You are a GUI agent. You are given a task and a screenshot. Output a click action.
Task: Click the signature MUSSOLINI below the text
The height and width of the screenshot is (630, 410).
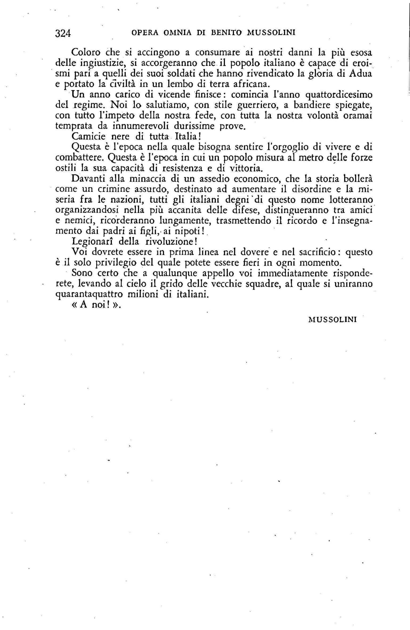point(332,320)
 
